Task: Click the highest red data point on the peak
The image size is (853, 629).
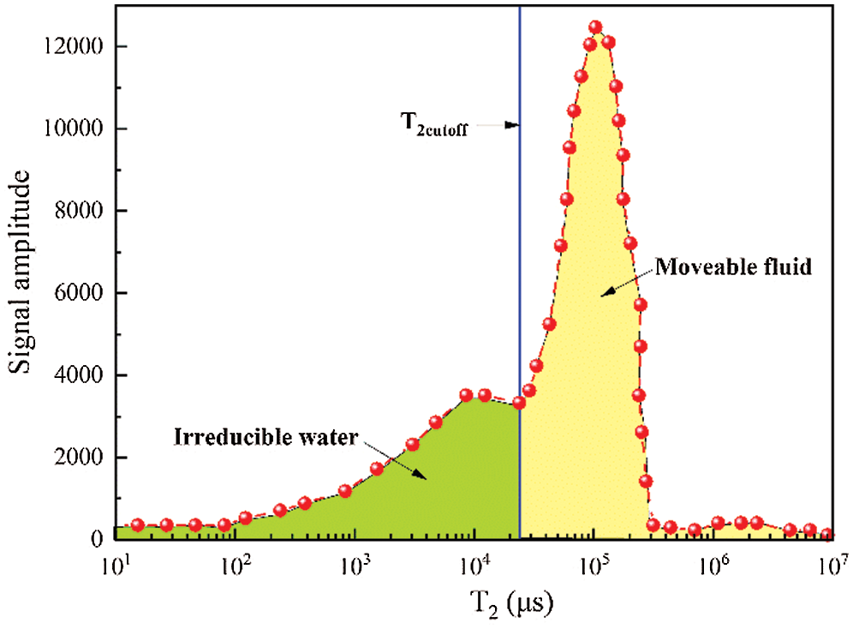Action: click(x=596, y=27)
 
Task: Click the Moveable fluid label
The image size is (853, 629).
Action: click(x=733, y=267)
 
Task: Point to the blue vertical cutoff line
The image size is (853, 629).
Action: click(x=520, y=257)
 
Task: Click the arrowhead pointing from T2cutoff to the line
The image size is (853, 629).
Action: click(x=514, y=125)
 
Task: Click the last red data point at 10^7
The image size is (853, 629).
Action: click(x=826, y=535)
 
